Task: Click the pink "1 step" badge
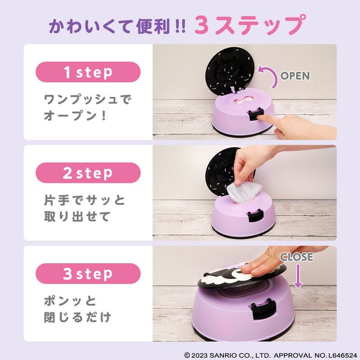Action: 88,72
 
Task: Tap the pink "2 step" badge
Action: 88,173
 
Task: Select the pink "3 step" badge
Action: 88,274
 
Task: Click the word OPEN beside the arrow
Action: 295,76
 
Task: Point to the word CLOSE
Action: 297,257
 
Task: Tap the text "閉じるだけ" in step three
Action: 77,317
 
